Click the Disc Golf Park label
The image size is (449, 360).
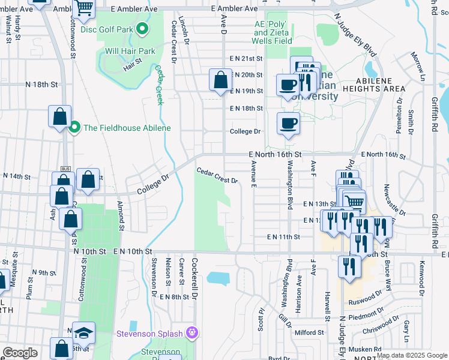coord(107,28)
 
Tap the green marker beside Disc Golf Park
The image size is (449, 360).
coord(142,28)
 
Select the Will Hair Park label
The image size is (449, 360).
coord(130,51)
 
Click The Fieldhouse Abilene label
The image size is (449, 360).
coord(127,128)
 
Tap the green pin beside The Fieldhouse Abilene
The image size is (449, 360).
coord(75,127)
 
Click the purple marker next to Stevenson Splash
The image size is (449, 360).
coord(192,332)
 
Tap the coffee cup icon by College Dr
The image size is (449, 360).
coord(288,124)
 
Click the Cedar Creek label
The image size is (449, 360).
coord(160,85)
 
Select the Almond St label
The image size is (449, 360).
coord(121,217)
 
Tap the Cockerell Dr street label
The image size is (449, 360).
coord(194,272)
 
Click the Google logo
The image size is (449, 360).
coord(20,353)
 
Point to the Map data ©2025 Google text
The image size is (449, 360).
coord(411,355)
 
